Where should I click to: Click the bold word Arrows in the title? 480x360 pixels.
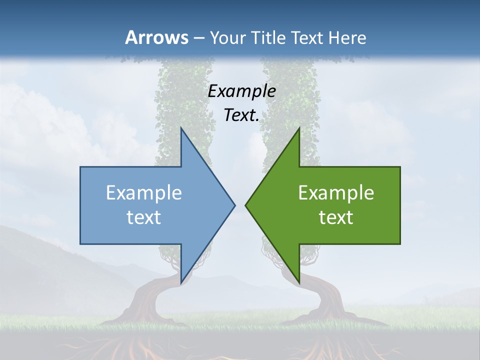click(156, 37)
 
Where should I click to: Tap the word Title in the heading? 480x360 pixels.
click(269, 37)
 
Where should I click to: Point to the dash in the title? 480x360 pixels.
click(199, 38)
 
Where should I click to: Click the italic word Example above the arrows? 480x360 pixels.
click(242, 91)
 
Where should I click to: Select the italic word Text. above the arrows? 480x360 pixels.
click(241, 115)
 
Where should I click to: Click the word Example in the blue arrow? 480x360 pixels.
click(144, 192)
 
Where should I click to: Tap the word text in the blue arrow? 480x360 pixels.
click(144, 217)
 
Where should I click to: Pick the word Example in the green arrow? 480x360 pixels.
click(336, 192)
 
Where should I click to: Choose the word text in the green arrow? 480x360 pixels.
click(336, 217)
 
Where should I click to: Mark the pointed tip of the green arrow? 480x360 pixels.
click(246, 205)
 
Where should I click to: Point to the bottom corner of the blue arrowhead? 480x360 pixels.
click(181, 282)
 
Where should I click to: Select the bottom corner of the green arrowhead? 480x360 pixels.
click(299, 282)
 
